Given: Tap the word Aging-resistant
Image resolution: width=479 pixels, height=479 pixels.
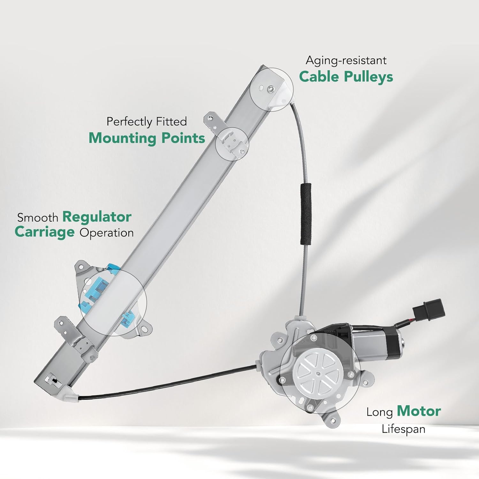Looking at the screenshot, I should tap(346, 60).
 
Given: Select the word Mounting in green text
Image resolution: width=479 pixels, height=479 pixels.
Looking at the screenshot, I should tap(122, 138).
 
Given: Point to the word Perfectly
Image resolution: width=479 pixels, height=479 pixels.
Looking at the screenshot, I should tap(129, 122).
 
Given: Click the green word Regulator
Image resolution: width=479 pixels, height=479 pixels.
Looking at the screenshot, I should tap(97, 217).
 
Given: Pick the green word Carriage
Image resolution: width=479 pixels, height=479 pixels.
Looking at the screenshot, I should tap(44, 232).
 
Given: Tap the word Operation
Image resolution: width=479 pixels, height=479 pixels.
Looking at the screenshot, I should tap(107, 233).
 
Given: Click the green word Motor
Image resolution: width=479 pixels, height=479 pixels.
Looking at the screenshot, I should tap(419, 411).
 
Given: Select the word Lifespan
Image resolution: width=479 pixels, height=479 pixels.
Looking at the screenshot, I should tap(403, 429).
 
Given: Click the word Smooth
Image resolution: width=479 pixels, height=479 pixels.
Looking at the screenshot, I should tap(38, 218).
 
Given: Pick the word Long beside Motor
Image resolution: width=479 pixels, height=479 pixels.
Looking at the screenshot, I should tap(379, 412).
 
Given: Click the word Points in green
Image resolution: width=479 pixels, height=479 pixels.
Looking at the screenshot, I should tap(183, 138).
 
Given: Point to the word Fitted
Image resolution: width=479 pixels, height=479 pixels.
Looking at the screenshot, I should tap(171, 122).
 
